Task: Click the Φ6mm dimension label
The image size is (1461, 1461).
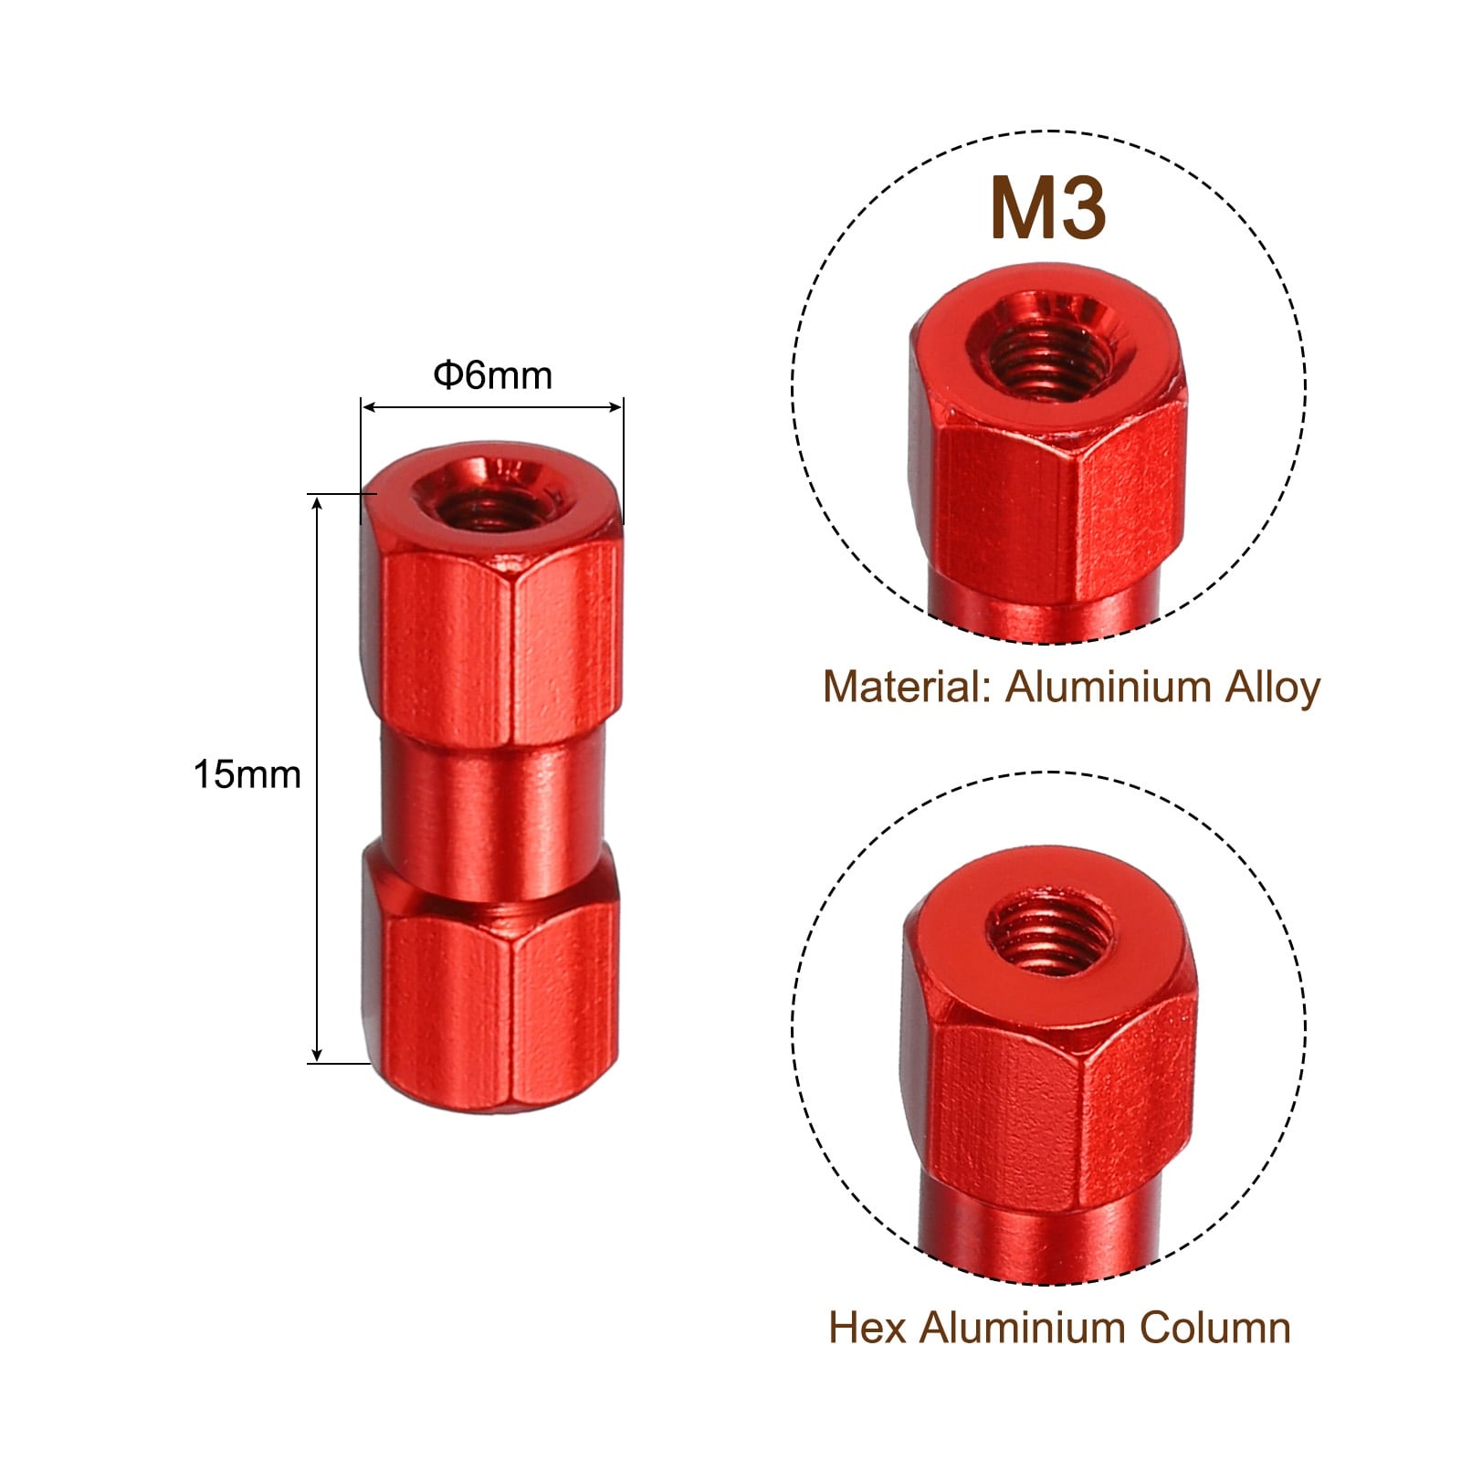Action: [x=492, y=375]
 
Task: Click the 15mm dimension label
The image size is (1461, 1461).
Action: [x=247, y=774]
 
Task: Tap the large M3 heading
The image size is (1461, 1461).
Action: [x=1047, y=210]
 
